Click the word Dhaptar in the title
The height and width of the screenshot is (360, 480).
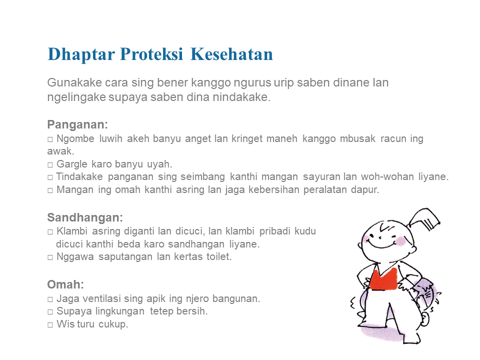click(x=81, y=54)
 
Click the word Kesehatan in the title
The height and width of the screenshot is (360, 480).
click(x=231, y=54)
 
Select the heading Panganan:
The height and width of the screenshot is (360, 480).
click(x=78, y=124)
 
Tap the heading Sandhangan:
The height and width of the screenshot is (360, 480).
click(x=85, y=217)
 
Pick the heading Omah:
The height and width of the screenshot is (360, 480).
click(x=65, y=284)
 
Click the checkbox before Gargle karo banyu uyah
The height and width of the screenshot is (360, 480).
click(x=50, y=165)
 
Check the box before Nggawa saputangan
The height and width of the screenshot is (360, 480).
click(x=50, y=257)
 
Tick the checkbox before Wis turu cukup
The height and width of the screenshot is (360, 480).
click(x=50, y=325)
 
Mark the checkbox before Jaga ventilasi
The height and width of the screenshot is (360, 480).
click(x=50, y=299)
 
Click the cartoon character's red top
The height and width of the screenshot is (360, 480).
click(x=383, y=279)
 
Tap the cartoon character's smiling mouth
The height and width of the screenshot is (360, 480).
click(x=381, y=244)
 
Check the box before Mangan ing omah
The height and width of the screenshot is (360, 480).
click(x=50, y=190)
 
